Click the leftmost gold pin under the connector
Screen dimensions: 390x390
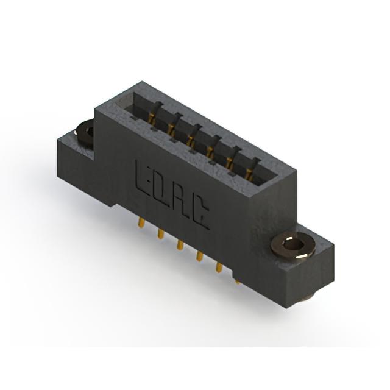(x=141, y=222)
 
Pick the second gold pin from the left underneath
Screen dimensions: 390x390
(x=160, y=234)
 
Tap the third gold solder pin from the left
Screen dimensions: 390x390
(x=180, y=245)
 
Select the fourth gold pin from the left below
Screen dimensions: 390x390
(x=199, y=256)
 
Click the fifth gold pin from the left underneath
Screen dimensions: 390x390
(x=219, y=267)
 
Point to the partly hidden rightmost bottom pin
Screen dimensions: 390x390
(x=238, y=282)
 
